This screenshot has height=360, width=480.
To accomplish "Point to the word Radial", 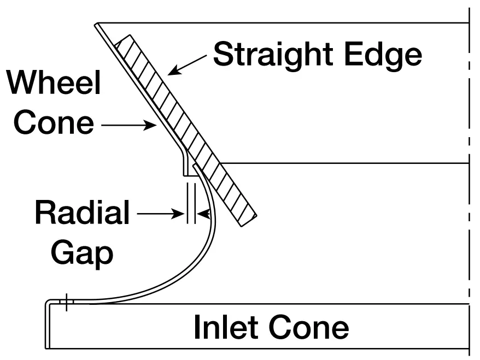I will click(x=82, y=213).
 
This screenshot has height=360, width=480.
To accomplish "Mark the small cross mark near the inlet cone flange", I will click(x=66, y=302).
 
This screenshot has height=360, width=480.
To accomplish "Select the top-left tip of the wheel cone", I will click(x=96, y=24).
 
